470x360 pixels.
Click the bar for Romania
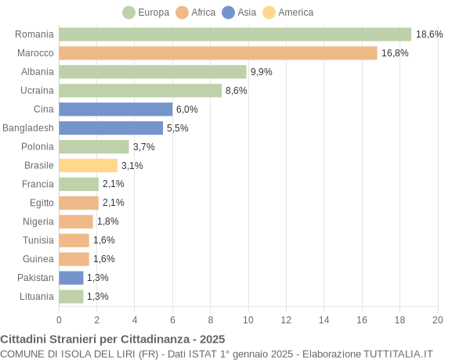coord(235,34)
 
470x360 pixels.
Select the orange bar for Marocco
coord(218,53)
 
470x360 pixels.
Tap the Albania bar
coord(153,72)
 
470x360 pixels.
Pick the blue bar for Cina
coord(115,110)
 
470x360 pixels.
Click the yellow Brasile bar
coord(88,165)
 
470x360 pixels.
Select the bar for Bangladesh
coord(110,128)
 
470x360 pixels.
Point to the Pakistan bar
coord(71,278)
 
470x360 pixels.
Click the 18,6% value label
coord(429,34)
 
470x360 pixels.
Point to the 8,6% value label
coord(237,91)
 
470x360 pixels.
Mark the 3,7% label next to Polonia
coord(144,147)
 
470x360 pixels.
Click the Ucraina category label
coord(37,91)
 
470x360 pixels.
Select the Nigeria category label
coord(38,221)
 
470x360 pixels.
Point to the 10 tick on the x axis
coord(248,319)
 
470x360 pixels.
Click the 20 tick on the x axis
coord(438,319)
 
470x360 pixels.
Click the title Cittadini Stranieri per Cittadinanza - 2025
coord(113,339)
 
